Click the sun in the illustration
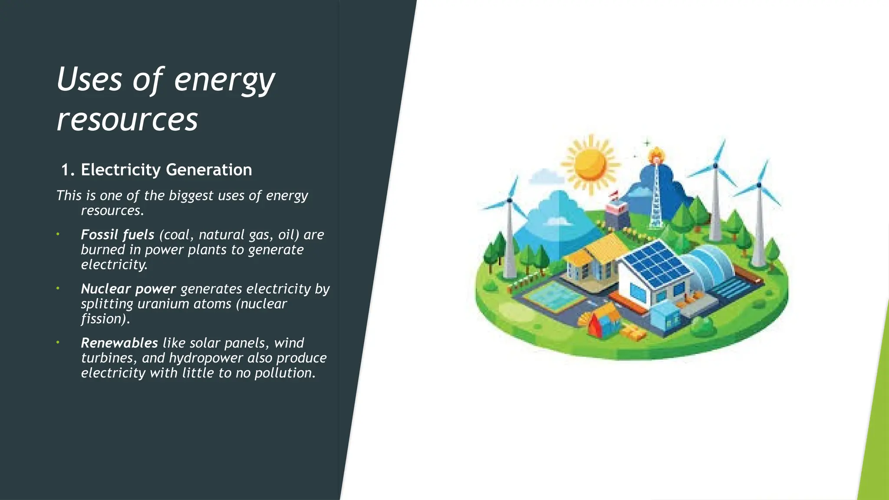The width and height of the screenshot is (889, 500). tap(590, 164)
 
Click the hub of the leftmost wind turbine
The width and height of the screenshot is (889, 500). tap(509, 200)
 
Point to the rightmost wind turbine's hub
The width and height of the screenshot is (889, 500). tap(759, 185)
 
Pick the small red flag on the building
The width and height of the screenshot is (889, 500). tap(614, 194)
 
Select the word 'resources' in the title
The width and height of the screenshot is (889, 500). tap(127, 119)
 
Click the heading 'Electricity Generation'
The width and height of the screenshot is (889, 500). tap(166, 170)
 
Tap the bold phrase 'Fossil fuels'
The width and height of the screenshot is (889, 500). tap(117, 235)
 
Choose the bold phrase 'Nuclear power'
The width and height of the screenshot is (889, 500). tap(128, 289)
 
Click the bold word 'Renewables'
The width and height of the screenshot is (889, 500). tap(119, 343)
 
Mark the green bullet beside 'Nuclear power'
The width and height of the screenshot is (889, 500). tap(57, 288)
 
